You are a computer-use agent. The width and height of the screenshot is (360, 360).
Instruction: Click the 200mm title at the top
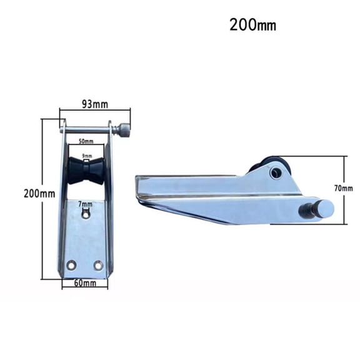pos(253,26)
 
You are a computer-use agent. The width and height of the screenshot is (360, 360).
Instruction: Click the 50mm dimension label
pos(86,142)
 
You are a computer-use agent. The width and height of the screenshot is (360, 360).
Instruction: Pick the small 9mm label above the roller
pos(86,155)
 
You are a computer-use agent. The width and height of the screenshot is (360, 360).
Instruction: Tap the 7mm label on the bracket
pos(86,204)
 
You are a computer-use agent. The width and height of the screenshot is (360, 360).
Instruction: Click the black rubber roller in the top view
pos(86,171)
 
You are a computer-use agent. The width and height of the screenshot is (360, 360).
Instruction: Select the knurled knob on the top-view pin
pos(125,131)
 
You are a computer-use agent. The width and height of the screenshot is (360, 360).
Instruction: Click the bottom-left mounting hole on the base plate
pos(71,265)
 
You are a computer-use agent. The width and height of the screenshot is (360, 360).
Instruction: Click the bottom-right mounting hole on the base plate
pos(98,265)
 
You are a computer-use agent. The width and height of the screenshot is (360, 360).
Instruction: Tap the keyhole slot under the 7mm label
pos(86,214)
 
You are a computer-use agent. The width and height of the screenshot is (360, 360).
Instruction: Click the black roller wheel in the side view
pos(267,166)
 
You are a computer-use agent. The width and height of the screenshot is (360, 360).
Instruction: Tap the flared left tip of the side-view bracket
pos(140,187)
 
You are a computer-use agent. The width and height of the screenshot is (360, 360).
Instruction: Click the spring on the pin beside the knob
pos(116,131)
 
